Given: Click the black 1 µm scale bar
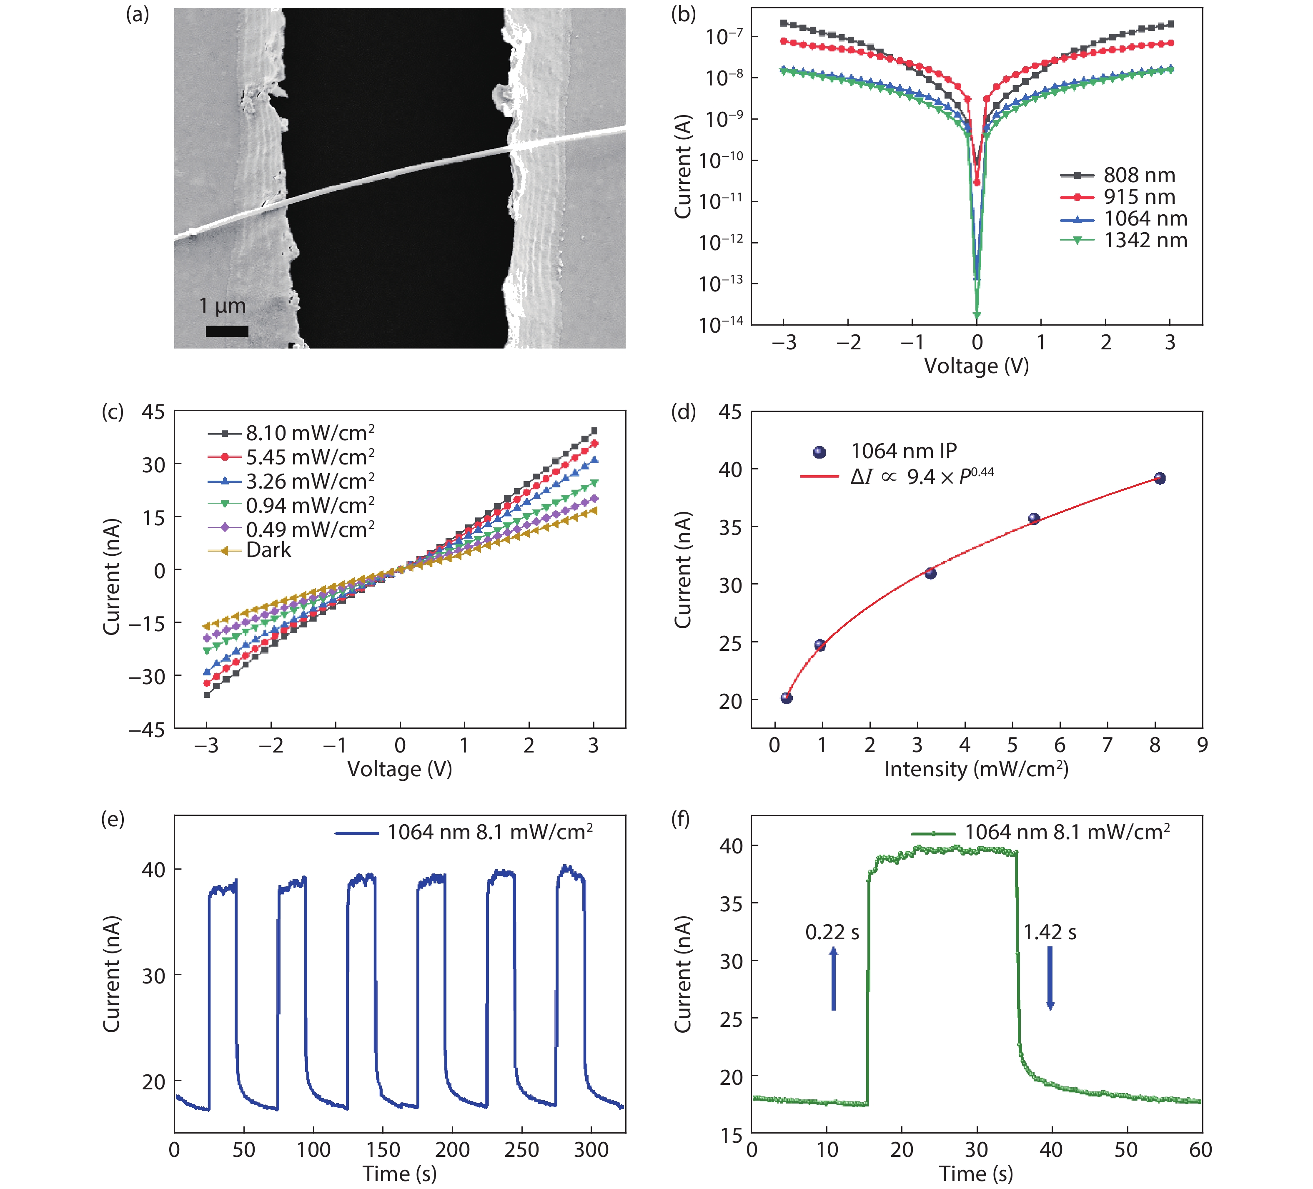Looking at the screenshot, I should [227, 331].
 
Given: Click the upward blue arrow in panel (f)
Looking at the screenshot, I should [833, 978].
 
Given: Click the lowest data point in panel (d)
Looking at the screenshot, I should [786, 698].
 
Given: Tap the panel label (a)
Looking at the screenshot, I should [138, 14].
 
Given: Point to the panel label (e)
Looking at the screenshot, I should [113, 819].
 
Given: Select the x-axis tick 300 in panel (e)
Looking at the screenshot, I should [591, 1150].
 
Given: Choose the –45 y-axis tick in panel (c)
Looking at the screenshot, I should [147, 730].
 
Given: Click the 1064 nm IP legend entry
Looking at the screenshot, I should [903, 451].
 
